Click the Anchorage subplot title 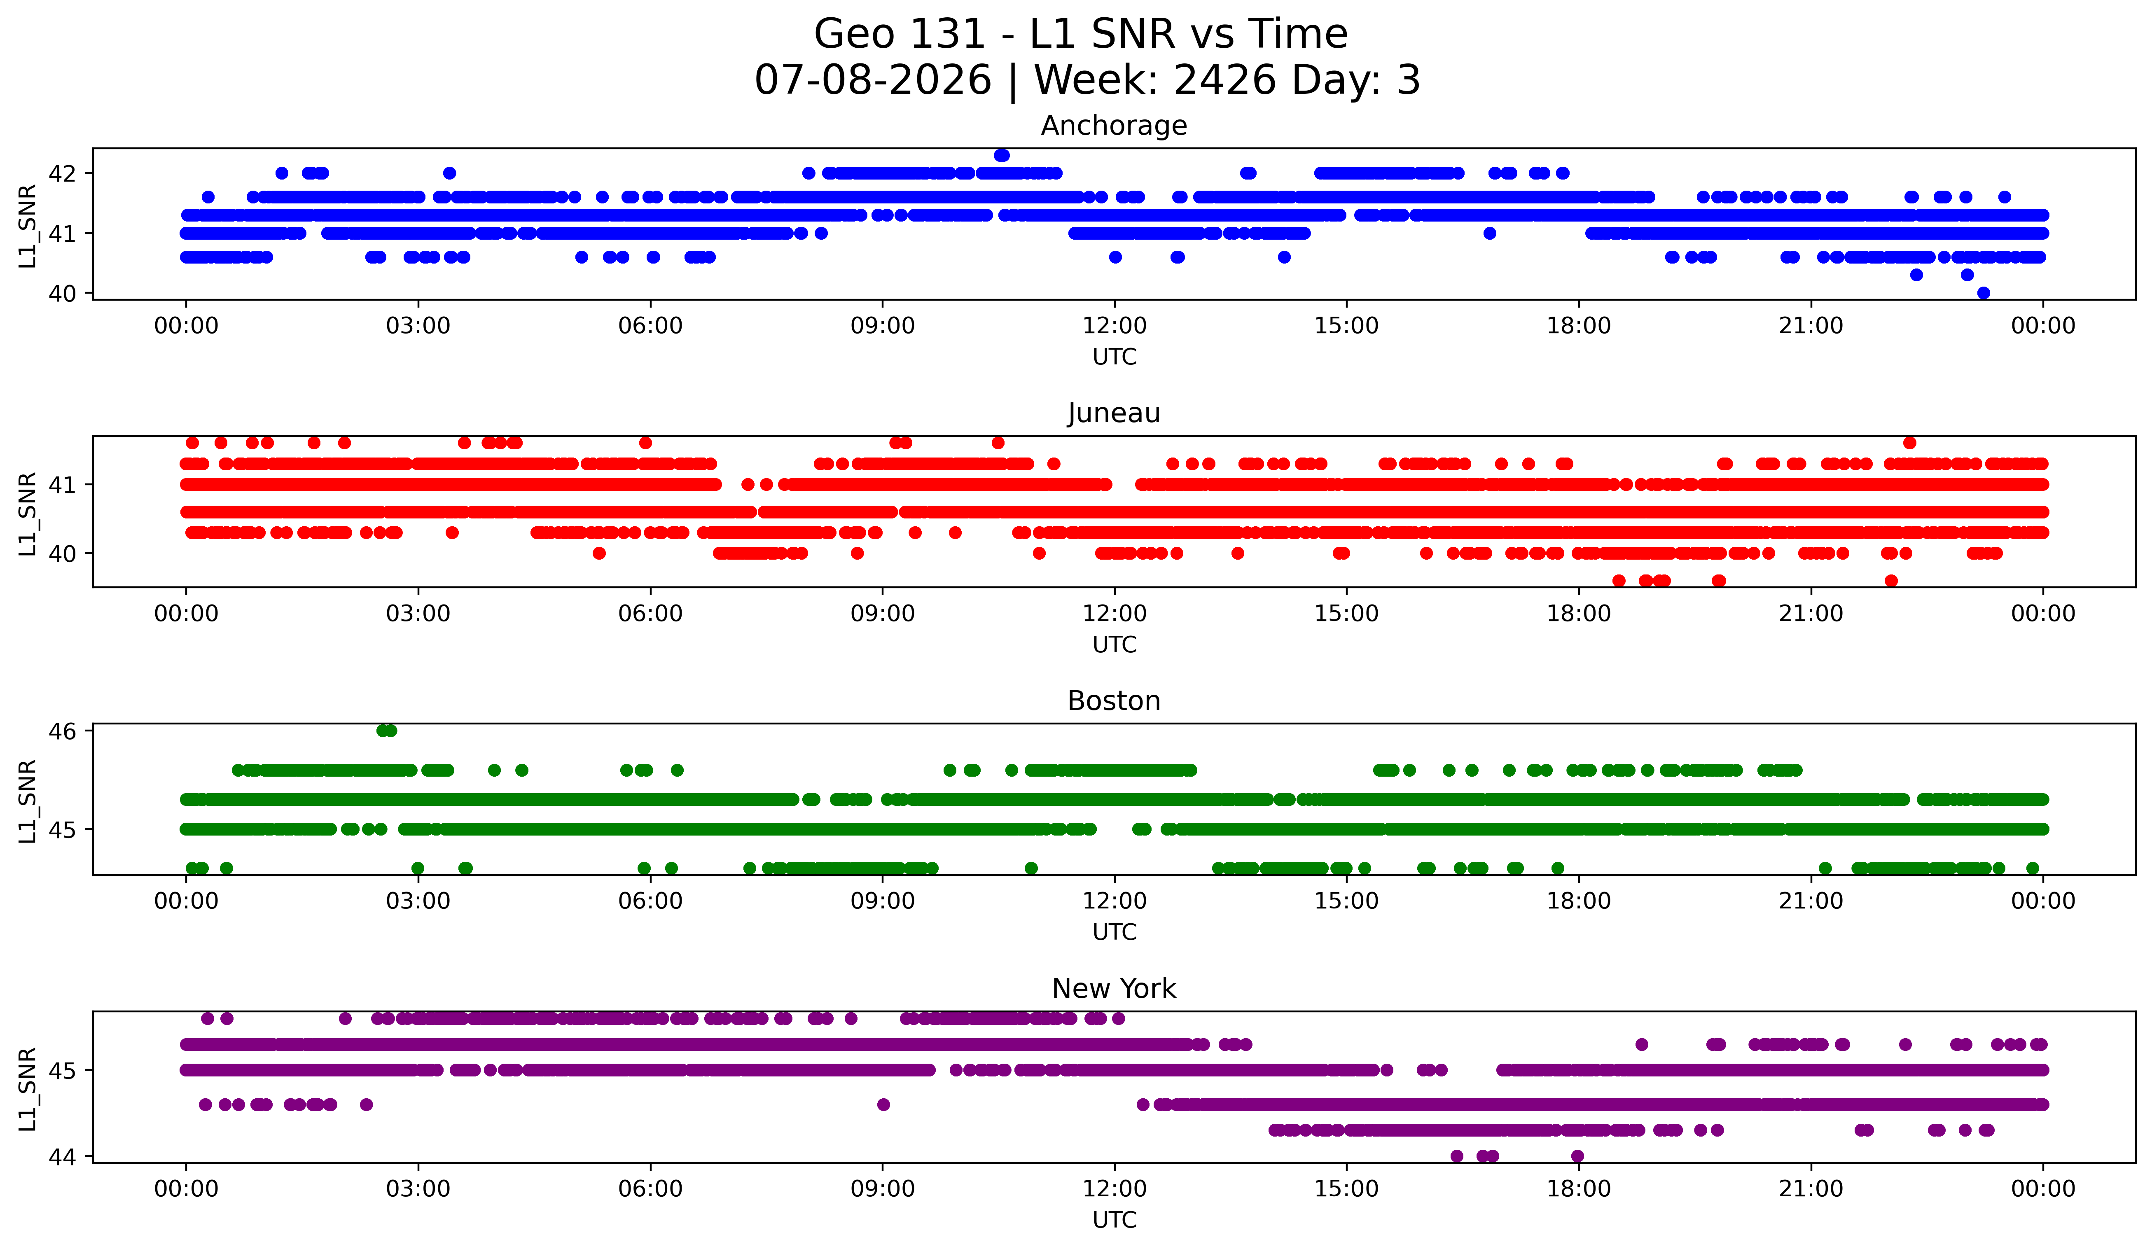[x=1114, y=126]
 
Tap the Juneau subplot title [x=1114, y=413]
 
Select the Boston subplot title [x=1114, y=701]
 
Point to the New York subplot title [x=1114, y=989]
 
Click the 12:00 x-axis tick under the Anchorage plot [x=1115, y=326]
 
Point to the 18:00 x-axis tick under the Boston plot [x=1578, y=901]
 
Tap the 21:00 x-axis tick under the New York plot [x=1811, y=1189]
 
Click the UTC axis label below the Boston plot [x=1115, y=932]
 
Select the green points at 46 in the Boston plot [x=386, y=731]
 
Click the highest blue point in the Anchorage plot [x=1002, y=155]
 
